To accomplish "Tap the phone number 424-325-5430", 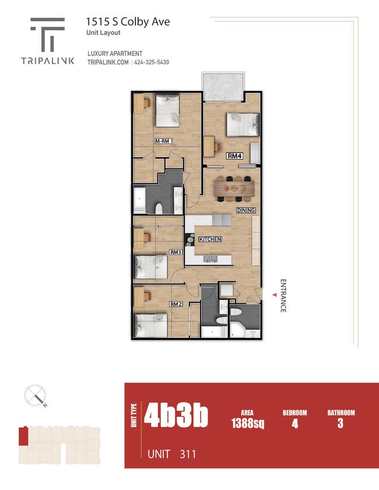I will (x=150, y=62).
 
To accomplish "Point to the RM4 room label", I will (x=234, y=156).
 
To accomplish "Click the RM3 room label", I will (x=176, y=252).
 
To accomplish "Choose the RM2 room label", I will (x=176, y=304).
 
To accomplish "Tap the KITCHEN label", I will (x=210, y=239).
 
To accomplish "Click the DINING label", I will (x=246, y=210).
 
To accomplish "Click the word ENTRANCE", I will (x=283, y=296).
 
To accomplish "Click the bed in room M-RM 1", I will (x=167, y=111).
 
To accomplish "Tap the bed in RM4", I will (x=243, y=123).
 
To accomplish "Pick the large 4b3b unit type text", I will (x=176, y=416).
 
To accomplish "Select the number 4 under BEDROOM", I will (x=294, y=424).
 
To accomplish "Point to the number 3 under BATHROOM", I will (x=340, y=424).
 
